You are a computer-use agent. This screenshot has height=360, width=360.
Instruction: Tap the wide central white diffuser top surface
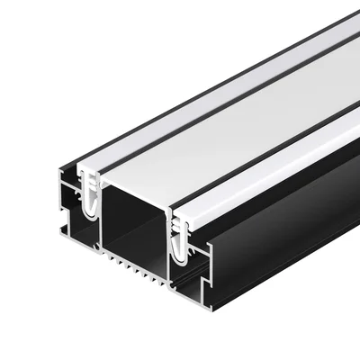point(225,126)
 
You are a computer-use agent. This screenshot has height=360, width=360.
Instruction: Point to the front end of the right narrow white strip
point(189,220)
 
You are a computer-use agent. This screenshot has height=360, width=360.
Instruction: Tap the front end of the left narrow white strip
point(90,169)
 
